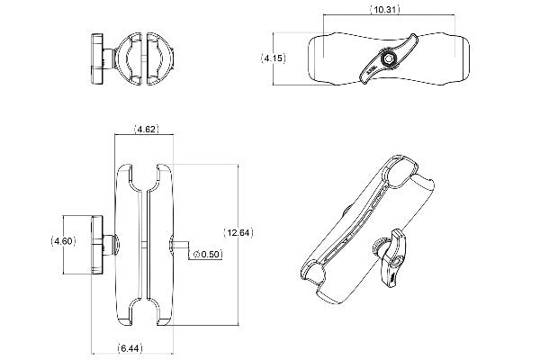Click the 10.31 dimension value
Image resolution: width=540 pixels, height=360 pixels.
pos(385,9)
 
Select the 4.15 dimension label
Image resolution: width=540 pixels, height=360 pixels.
pos(273,58)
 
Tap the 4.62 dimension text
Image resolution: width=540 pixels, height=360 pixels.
pos(147,130)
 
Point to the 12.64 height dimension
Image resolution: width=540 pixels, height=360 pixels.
pos(238,232)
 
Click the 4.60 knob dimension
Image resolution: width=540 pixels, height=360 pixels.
pos(64,240)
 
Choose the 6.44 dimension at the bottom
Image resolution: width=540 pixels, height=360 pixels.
pos(130,348)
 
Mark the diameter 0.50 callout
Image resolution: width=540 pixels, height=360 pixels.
pos(207,254)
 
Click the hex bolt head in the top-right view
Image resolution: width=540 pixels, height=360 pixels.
pos(389,59)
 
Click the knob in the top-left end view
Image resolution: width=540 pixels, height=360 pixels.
pos(97,58)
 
